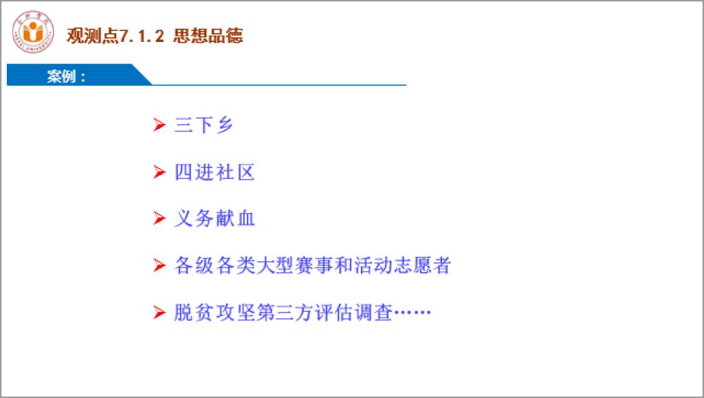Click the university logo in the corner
(33, 32)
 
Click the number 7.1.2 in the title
(142, 36)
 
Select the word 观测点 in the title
(93, 36)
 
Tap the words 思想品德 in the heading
(208, 36)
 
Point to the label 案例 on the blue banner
(61, 76)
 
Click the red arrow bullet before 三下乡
(159, 125)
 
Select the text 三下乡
(203, 125)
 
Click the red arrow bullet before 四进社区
(159, 171)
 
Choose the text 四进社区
(214, 172)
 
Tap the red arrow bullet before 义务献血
(159, 218)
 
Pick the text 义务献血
(214, 218)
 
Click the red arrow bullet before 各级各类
(159, 265)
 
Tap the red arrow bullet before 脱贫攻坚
(159, 312)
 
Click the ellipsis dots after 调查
(412, 312)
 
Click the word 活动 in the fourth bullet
(373, 265)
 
